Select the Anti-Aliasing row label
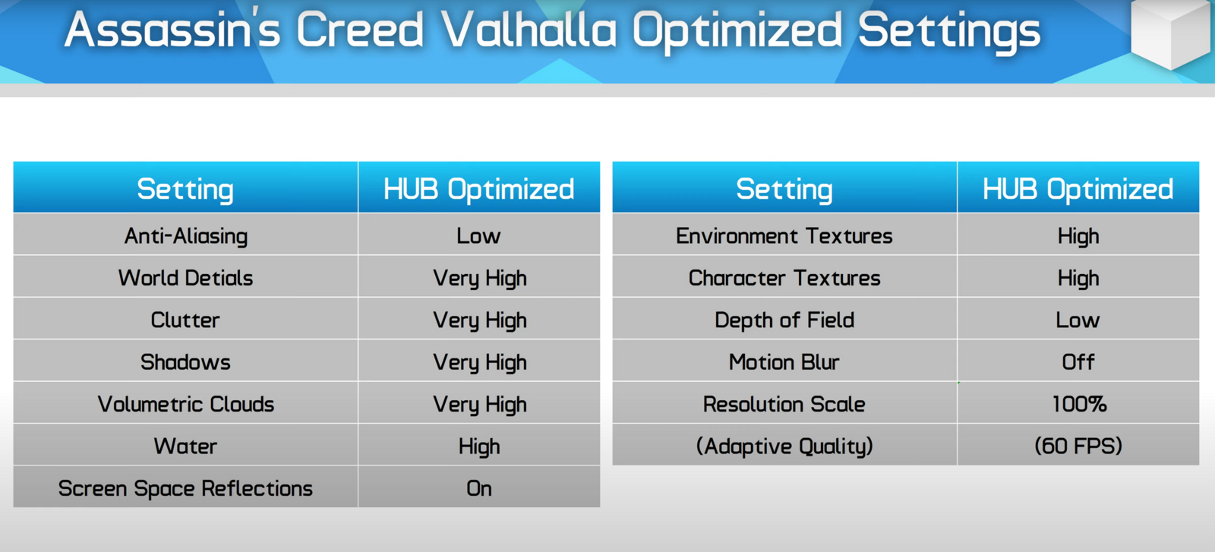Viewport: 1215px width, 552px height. [x=186, y=236]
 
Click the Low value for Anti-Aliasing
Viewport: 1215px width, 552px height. [x=478, y=235]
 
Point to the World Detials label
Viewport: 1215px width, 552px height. [x=185, y=278]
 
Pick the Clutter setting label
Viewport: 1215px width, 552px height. [x=185, y=320]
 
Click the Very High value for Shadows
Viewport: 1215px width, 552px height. [x=479, y=362]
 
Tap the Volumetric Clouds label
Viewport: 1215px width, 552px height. [x=185, y=404]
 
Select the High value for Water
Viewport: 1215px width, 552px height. [x=479, y=446]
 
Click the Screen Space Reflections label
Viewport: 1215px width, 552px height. [x=185, y=488]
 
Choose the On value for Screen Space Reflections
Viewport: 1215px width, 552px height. [x=479, y=488]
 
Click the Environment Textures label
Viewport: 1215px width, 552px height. [x=784, y=236]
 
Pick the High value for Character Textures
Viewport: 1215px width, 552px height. [x=1078, y=278]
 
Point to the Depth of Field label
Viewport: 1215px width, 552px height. [x=784, y=320]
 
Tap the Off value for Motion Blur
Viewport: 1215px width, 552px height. [x=1078, y=361]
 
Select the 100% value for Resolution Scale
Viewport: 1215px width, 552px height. [x=1079, y=404]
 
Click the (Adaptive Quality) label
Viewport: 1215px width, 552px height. [x=784, y=446]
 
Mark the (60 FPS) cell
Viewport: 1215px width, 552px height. [x=1078, y=446]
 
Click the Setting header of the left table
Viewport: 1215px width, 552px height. [x=185, y=189]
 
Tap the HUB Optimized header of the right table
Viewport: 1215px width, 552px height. [x=1078, y=189]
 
